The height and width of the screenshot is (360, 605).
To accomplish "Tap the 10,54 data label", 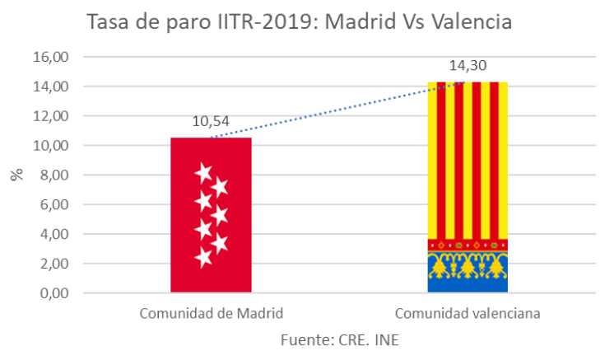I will (211, 122).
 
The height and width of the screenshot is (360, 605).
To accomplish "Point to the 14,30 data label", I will (468, 66).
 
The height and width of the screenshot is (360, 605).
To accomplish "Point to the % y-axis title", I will (16, 175).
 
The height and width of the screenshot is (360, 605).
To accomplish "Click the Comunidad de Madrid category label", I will (211, 314).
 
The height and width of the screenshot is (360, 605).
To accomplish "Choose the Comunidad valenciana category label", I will (468, 314).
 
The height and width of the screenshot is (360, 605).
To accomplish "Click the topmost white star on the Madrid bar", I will (203, 173).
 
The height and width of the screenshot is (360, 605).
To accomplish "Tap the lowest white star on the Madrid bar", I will (203, 258).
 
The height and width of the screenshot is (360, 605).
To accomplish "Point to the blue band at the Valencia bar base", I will (468, 285).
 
